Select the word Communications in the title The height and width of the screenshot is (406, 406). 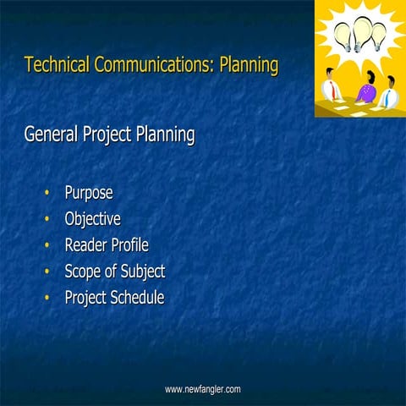150,65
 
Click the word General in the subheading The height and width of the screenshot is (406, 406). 53,134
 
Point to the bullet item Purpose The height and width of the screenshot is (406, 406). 89,193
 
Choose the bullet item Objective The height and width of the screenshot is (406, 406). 93,219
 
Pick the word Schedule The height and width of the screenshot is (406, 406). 137,298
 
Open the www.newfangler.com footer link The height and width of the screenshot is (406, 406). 202,389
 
